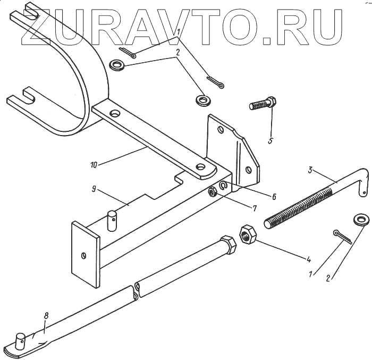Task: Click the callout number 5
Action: (x=271, y=141)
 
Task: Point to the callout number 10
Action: (x=94, y=165)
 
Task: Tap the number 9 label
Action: (x=93, y=189)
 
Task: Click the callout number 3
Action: (x=310, y=170)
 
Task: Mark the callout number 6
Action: (x=274, y=196)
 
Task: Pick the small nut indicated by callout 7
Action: (x=212, y=192)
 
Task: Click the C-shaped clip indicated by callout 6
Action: (x=223, y=185)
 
